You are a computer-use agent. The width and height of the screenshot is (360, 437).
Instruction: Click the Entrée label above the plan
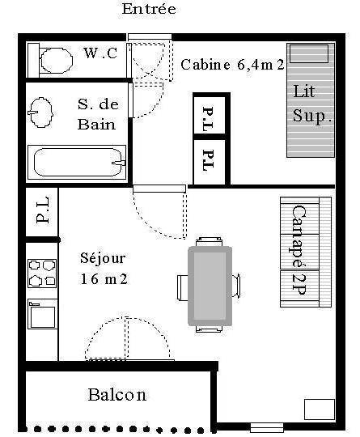point(149,9)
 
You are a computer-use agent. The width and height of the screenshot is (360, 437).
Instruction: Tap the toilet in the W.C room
point(52,61)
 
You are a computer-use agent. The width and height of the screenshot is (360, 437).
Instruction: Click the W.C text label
point(100,53)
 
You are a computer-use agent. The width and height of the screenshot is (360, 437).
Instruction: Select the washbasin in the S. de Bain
point(41,112)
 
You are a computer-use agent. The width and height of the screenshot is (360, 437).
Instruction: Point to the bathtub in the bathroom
point(77,162)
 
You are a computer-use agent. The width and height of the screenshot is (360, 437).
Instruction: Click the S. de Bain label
point(98,114)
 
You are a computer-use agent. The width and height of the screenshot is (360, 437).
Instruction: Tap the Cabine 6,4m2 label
point(232,65)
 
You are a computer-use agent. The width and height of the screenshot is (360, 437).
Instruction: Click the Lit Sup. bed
point(311,100)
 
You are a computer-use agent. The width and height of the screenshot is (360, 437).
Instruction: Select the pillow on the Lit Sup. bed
point(309,53)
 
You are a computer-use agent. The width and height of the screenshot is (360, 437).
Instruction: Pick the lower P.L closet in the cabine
point(209,162)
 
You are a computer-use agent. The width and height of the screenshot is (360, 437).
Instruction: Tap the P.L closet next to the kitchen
point(42,212)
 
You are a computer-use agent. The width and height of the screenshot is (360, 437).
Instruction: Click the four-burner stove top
point(42,274)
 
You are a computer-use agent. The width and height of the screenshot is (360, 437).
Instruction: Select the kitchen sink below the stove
point(42,314)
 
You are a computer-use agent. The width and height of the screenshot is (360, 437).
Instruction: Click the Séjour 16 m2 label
point(104,269)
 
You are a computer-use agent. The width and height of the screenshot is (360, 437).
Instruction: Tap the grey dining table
point(210,286)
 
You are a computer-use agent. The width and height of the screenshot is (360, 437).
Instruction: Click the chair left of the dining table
point(183,287)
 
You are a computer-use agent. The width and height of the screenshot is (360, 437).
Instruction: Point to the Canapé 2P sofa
point(306,252)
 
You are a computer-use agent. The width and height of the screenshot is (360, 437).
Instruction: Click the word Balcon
point(117,395)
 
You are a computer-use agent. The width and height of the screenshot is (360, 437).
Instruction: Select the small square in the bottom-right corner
point(320,409)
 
